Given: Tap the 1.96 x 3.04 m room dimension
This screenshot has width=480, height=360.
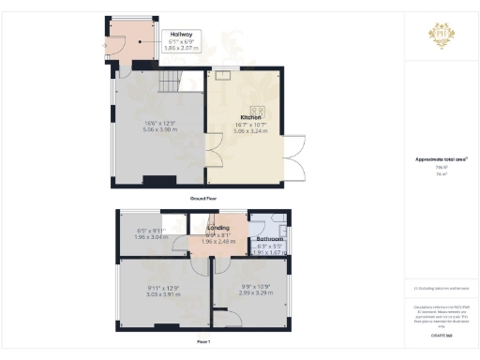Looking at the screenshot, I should pyautogui.click(x=151, y=237).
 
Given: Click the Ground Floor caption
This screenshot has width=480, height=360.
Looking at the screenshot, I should pyautogui.click(x=203, y=199).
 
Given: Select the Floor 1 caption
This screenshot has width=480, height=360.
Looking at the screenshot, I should pyautogui.click(x=202, y=343).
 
